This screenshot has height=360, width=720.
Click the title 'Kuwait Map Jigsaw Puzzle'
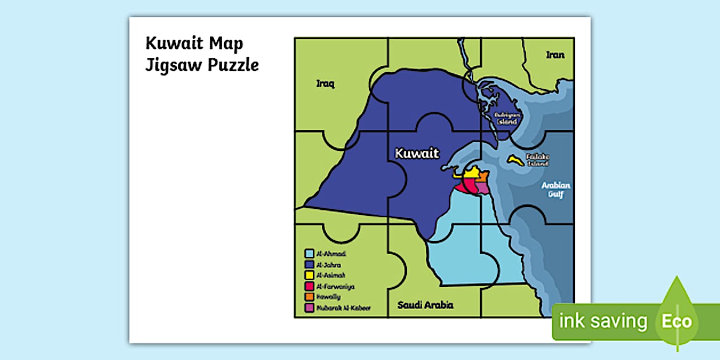click(x=202, y=54)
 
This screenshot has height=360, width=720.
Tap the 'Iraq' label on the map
click(x=325, y=84)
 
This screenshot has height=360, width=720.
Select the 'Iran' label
click(x=555, y=55)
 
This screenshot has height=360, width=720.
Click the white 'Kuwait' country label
click(x=417, y=153)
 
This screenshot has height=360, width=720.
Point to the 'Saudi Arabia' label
click(x=425, y=305)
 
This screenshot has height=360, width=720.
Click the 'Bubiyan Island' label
click(x=506, y=118)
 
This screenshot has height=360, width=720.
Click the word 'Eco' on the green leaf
click(x=677, y=321)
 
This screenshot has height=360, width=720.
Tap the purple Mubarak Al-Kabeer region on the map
click(x=483, y=188)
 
